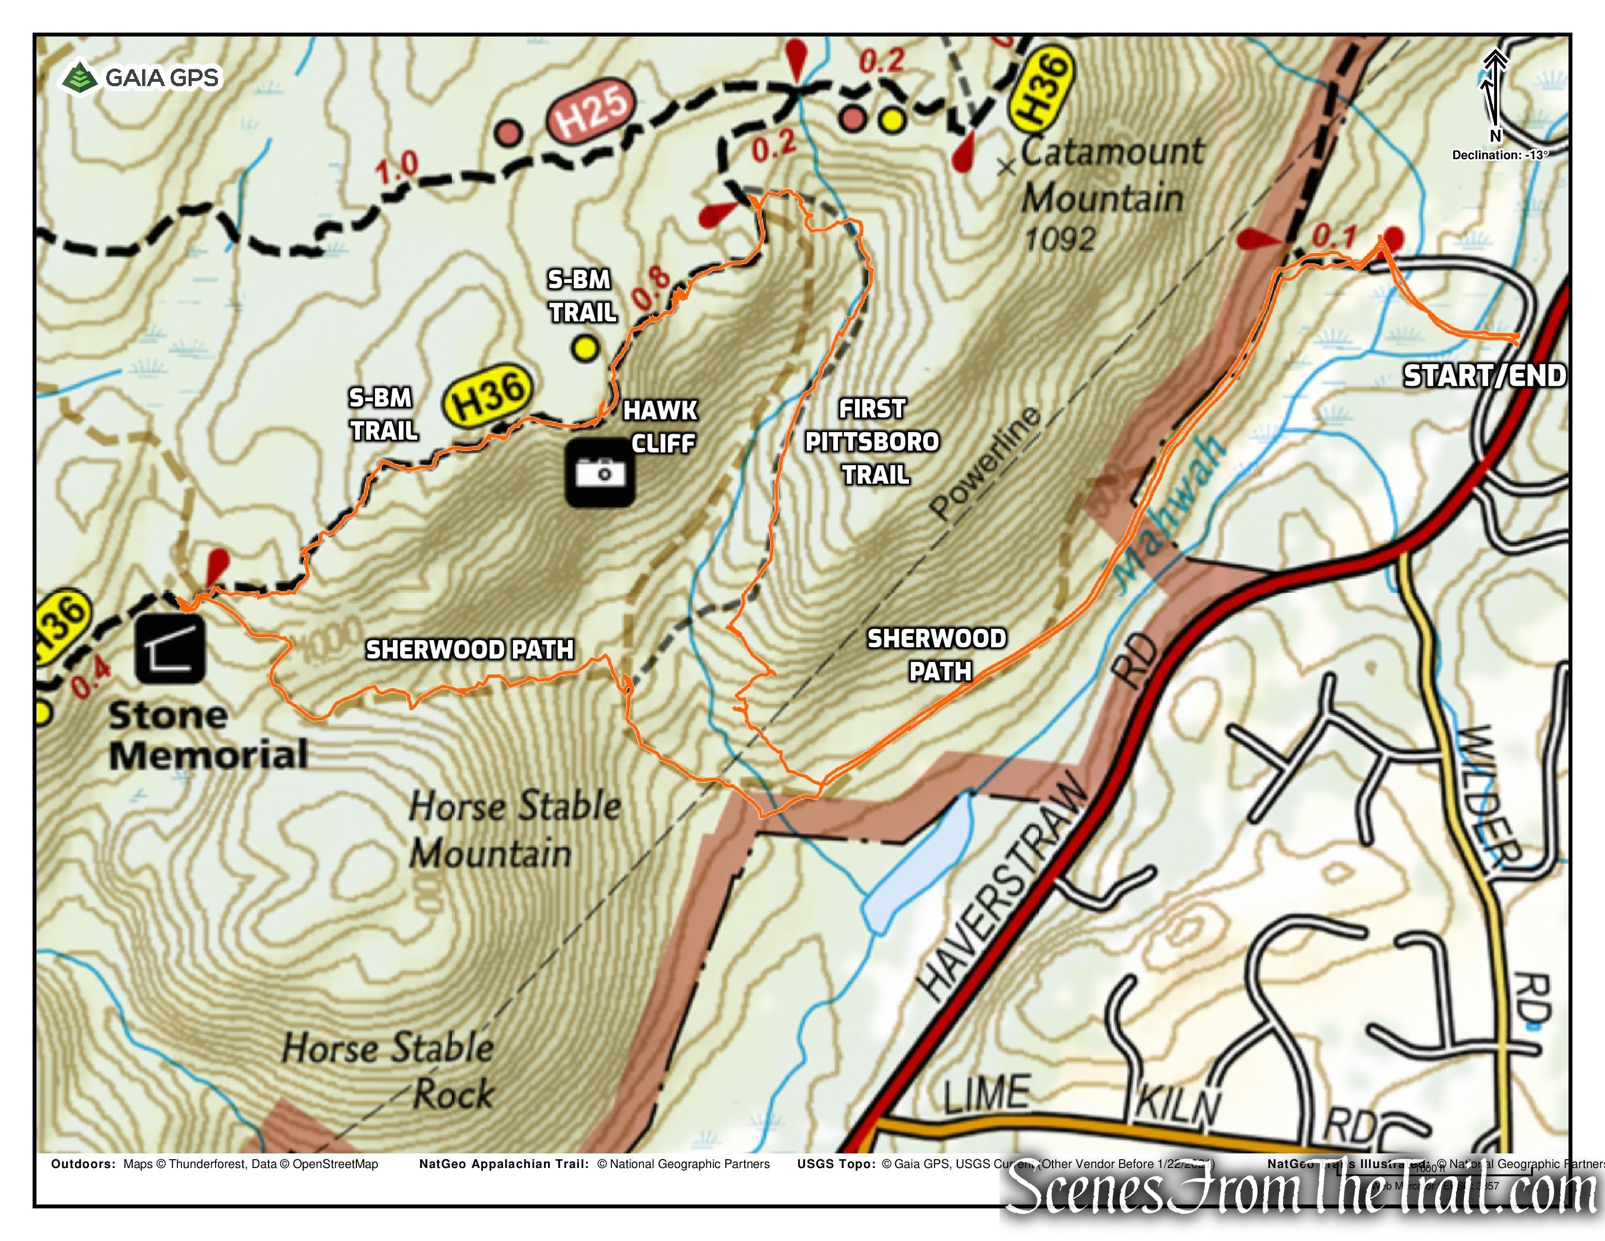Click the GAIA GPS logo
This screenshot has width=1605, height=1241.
tap(140, 77)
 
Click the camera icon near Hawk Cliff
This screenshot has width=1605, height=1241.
tap(600, 473)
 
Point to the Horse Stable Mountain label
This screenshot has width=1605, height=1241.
tap(515, 829)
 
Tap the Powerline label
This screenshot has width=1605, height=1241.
tap(985, 463)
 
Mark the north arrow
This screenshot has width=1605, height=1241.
tap(1493, 92)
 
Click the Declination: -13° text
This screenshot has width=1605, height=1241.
tap(1499, 155)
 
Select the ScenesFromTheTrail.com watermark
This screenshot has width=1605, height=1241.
tap(1301, 1192)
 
